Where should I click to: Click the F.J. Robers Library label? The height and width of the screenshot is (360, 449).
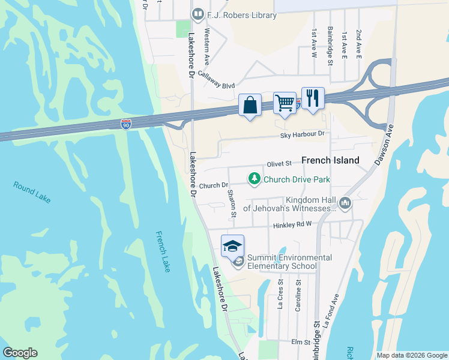coord(243,14)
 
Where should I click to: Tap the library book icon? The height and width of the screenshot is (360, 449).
coord(197,14)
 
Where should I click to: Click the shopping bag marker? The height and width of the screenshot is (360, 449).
coord(250,105)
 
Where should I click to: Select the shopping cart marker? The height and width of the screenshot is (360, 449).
coord(285,102)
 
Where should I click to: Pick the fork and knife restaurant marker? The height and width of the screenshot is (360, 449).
coord(312,98)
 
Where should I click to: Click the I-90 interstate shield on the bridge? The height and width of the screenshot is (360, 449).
coord(125,124)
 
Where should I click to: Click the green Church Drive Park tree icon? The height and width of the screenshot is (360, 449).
coord(255,179)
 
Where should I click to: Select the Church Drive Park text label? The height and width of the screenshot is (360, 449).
coord(297,179)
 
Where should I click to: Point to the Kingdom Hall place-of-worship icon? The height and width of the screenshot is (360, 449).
coord(345,204)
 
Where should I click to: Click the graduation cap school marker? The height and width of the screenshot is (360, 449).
coord(232,245)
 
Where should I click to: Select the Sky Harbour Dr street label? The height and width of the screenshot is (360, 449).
coord(302,135)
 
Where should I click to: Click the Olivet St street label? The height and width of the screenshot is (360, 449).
coord(279,163)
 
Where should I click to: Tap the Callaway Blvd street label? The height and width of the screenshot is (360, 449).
coord(217,85)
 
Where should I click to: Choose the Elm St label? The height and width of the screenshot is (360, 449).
coord(300,342)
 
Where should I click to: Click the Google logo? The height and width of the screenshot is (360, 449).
coord(20,353)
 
